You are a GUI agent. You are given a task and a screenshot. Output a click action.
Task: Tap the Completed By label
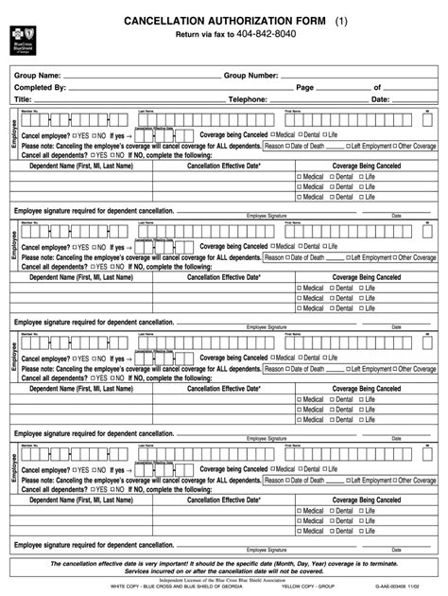click(40, 87)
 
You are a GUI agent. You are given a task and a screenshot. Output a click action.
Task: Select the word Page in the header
click(305, 87)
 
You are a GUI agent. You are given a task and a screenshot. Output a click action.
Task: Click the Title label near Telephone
click(23, 99)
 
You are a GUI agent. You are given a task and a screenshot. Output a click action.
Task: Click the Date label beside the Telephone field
click(380, 99)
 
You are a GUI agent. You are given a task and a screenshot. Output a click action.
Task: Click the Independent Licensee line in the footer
click(223, 581)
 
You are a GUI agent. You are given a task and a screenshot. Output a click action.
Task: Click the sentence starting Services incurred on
click(224, 573)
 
